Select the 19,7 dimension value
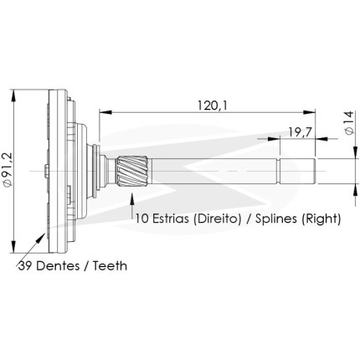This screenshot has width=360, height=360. point(300,132)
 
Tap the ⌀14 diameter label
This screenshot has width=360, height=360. point(349,123)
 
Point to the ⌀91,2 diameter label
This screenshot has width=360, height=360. point(8,169)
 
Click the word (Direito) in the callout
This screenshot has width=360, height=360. point(217,219)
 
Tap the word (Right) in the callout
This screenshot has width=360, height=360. point(321,219)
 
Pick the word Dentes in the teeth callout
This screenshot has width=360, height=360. point(58,266)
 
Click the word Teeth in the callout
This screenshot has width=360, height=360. point(110,266)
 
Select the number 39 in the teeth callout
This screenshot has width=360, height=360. point(25,266)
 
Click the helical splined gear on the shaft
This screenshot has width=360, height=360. point(132,171)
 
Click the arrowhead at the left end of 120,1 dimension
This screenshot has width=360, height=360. point(105,112)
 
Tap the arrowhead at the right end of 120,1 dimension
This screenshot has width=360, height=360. point(309,112)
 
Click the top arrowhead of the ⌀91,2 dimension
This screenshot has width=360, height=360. point(13,95)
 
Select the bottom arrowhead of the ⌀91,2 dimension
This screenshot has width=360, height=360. point(13,247)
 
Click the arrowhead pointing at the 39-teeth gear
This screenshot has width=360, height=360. point(41,238)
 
